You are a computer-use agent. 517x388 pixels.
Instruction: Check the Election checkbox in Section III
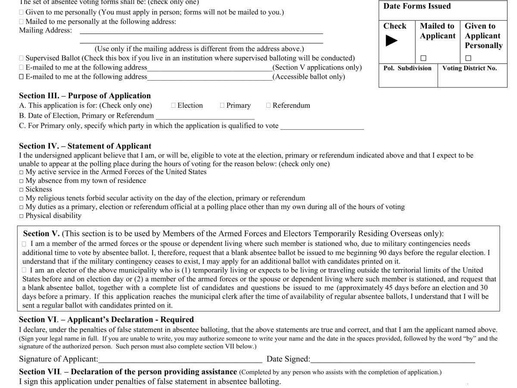[173, 106]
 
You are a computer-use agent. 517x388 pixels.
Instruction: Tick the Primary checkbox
[222, 106]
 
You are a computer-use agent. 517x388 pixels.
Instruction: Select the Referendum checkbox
[268, 106]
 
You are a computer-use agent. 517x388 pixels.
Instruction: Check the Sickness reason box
[22, 190]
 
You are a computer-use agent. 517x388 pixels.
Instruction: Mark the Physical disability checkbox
[22, 216]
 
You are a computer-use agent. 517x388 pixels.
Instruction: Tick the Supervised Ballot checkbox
[22, 58]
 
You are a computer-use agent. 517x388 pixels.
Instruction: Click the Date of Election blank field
[205, 116]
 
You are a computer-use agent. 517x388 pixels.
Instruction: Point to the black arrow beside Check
[391, 41]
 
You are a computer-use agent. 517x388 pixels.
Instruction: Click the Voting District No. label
[469, 68]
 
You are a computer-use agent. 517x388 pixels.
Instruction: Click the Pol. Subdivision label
[407, 68]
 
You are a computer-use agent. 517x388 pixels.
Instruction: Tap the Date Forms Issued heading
[417, 6]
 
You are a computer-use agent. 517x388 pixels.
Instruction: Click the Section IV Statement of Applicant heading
[85, 146]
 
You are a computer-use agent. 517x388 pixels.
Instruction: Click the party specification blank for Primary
[322, 126]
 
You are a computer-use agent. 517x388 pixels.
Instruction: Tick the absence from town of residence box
[22, 181]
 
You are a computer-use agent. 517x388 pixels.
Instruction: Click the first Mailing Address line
[201, 31]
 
